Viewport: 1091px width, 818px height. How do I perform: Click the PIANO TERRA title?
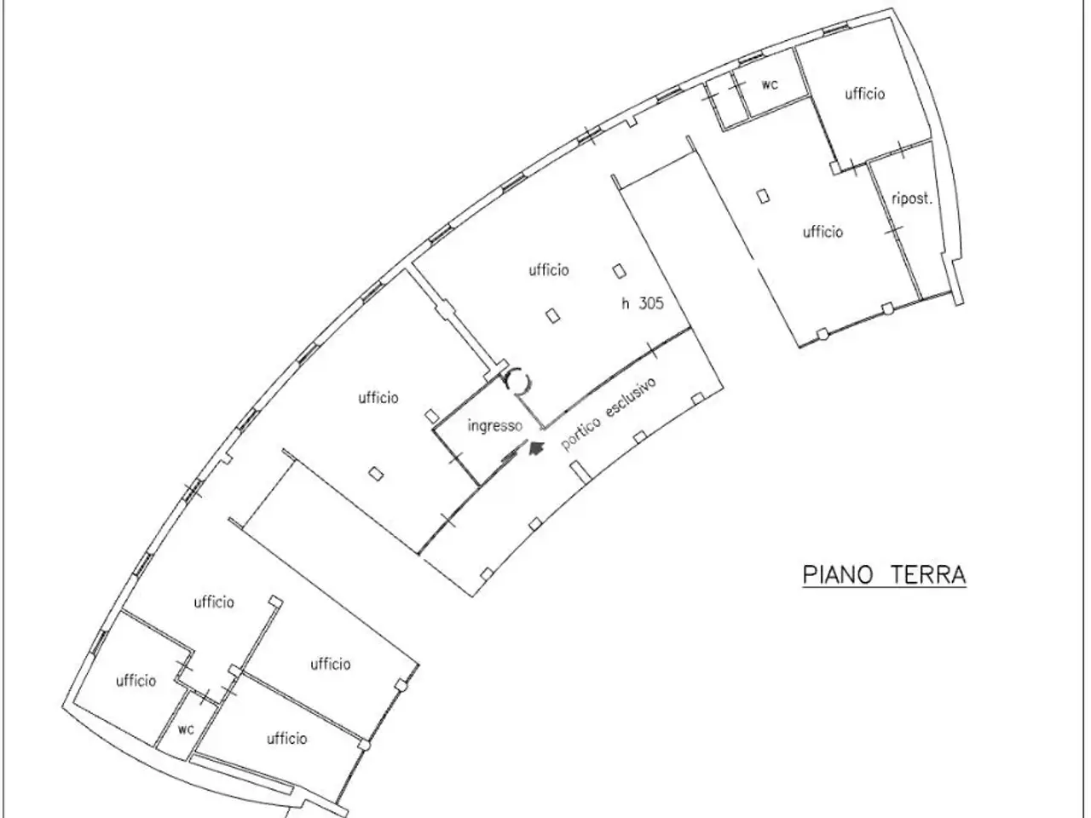tap(885, 575)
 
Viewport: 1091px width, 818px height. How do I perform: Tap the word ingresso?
tap(495, 426)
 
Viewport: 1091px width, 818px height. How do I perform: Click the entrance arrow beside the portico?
tap(535, 448)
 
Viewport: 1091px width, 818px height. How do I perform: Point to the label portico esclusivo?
tap(609, 414)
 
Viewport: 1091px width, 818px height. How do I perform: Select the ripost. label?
tap(911, 199)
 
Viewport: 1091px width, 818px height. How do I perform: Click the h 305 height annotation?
tap(643, 303)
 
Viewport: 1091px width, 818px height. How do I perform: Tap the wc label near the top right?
tap(770, 84)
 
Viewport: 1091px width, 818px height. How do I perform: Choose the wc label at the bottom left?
tap(186, 729)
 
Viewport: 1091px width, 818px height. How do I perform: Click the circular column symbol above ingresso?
tap(518, 382)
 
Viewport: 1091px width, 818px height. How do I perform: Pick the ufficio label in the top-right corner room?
tap(865, 94)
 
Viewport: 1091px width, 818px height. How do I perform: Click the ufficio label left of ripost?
tap(823, 232)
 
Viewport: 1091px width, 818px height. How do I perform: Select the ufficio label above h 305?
tap(549, 270)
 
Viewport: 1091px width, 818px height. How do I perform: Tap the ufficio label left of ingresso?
tap(378, 397)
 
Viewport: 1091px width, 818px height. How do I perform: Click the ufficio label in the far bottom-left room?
tap(136, 681)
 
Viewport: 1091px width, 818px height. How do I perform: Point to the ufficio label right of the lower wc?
tap(286, 739)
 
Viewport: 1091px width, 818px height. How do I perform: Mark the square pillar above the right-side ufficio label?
tap(764, 196)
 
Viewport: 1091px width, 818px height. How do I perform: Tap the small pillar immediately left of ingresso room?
tap(432, 416)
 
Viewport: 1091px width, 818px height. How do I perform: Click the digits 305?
tap(650, 303)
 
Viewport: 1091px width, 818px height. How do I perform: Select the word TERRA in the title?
tap(927, 575)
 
